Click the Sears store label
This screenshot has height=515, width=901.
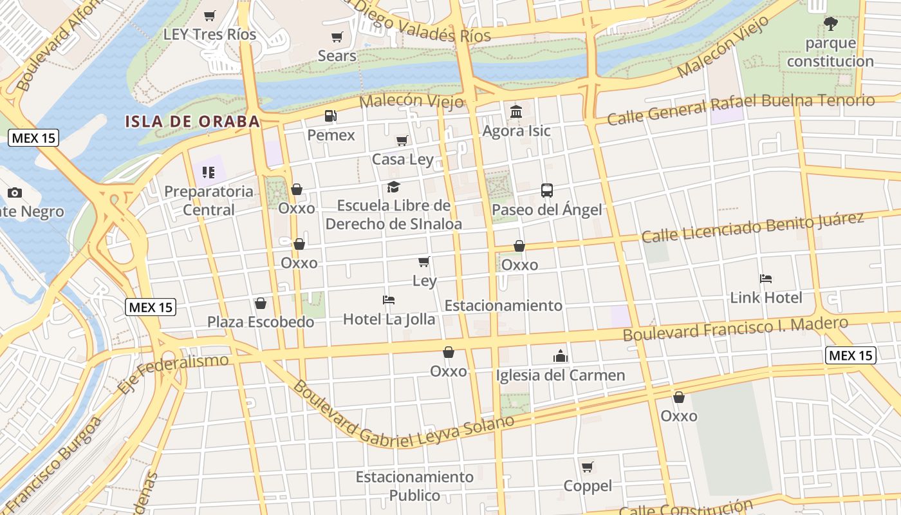[x=337, y=56]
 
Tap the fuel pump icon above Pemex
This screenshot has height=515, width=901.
[x=330, y=116]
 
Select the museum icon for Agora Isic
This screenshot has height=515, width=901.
[x=516, y=112]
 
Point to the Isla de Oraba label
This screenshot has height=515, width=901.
[x=192, y=121]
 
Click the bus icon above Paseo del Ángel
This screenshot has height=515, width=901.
[x=547, y=191]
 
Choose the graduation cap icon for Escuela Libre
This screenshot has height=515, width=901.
[x=393, y=187]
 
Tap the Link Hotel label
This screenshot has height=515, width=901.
[x=766, y=297]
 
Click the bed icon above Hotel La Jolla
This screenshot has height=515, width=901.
[x=388, y=300]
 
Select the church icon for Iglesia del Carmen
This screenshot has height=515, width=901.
[x=561, y=356]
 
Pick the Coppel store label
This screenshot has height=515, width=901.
[x=588, y=486]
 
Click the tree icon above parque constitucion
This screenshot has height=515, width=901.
[x=830, y=24]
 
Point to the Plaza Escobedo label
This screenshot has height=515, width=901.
[x=261, y=321]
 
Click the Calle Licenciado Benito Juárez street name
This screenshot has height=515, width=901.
[x=752, y=227]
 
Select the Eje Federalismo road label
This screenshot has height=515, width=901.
[x=173, y=373]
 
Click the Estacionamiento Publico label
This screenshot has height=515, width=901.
[x=414, y=486]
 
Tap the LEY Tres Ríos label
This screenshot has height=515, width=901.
[x=210, y=34]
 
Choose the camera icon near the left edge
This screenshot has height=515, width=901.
[x=15, y=192]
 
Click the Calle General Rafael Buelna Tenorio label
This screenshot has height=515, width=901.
[x=741, y=109]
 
